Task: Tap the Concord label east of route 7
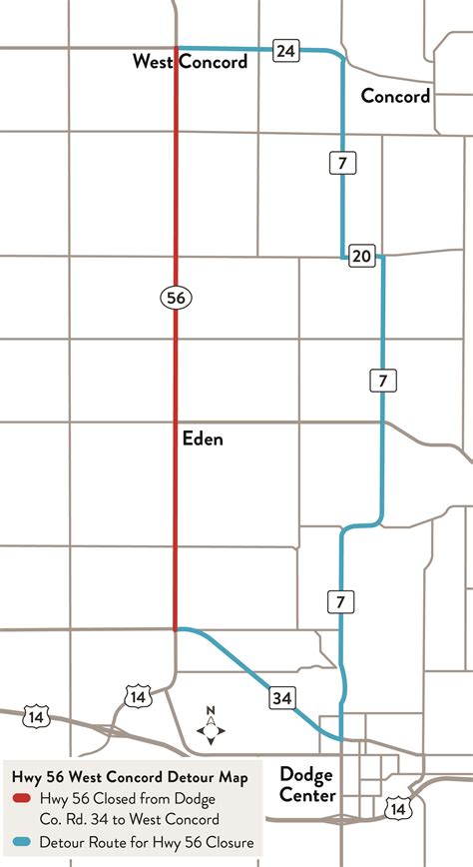click(x=395, y=96)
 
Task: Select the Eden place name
click(x=203, y=438)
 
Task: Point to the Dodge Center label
click(x=306, y=784)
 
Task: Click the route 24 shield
click(x=286, y=50)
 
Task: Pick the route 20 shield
click(x=361, y=257)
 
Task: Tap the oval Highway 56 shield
click(x=176, y=297)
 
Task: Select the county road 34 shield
click(x=281, y=698)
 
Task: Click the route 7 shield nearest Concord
click(x=341, y=160)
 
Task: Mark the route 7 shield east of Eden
click(x=382, y=380)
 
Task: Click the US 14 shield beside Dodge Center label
click(x=399, y=806)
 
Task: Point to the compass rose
click(x=211, y=732)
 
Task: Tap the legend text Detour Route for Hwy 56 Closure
click(x=146, y=843)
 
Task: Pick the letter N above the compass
click(x=211, y=711)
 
